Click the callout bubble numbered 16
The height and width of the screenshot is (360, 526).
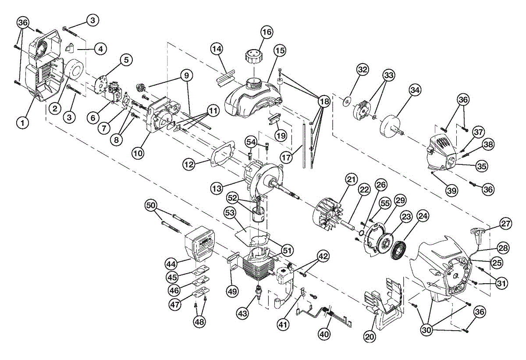tap(267, 32)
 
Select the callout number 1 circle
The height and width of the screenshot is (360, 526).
tap(23, 122)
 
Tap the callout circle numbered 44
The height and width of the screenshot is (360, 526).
tap(171, 264)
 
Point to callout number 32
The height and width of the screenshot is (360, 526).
tap(363, 70)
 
